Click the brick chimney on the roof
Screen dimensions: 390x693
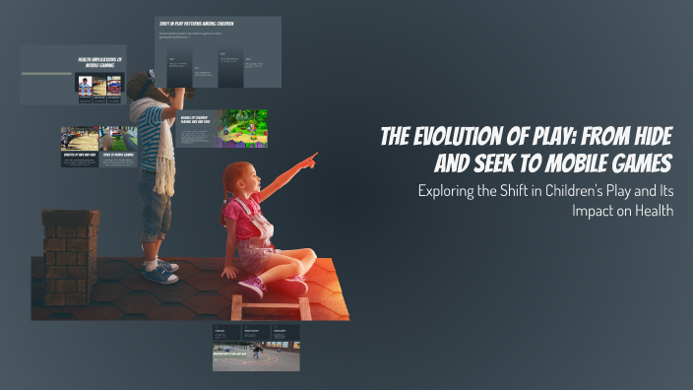(x=70, y=254)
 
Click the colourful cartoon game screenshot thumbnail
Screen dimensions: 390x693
(x=242, y=129)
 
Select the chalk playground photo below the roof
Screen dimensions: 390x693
(x=256, y=356)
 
